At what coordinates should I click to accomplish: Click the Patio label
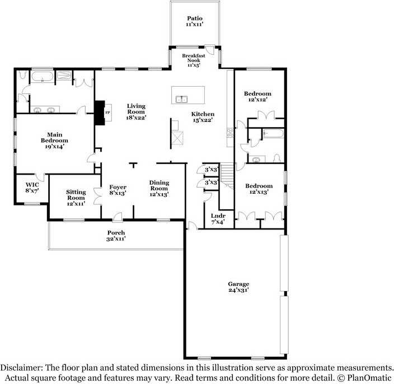tap(195, 18)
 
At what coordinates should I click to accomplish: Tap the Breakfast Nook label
tap(194, 58)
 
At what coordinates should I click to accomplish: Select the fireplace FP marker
tap(107, 113)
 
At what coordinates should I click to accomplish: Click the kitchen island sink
tap(181, 99)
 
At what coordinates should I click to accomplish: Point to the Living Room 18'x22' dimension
tap(136, 118)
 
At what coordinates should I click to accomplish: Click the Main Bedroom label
tap(54, 138)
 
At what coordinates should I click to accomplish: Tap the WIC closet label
tap(32, 185)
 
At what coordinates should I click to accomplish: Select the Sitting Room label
tap(76, 195)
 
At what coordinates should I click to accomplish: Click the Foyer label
tap(118, 187)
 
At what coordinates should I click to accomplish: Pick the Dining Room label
tap(159, 185)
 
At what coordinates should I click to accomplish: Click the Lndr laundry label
tap(218, 216)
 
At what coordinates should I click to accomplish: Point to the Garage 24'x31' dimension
tap(238, 290)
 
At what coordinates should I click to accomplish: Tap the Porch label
tap(116, 233)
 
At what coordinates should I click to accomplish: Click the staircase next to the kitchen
tap(227, 175)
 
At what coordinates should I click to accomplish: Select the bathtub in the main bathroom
tap(42, 77)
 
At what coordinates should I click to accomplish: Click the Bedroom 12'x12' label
tap(258, 96)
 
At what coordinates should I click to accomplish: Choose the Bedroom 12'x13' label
tap(259, 189)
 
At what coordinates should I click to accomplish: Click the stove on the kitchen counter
tap(230, 133)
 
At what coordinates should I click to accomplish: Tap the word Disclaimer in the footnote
tap(21, 368)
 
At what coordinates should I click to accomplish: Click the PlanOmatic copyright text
tap(369, 378)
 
